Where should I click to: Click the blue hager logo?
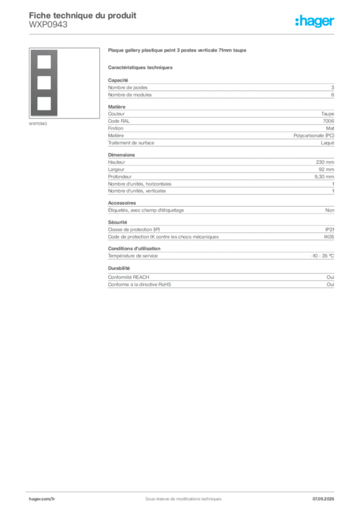[x=315, y=22]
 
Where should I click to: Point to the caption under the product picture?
[x=38, y=124]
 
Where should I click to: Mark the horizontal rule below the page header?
[x=199, y=33]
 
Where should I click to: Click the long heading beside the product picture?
[x=178, y=52]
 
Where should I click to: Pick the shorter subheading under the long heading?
[x=141, y=67]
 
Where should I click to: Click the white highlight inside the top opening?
[x=44, y=65]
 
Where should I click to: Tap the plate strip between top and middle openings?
[x=44, y=72]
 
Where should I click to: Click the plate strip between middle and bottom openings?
[x=44, y=93]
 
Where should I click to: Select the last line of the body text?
[x=139, y=285]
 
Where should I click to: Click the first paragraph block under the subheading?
[x=220, y=88]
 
